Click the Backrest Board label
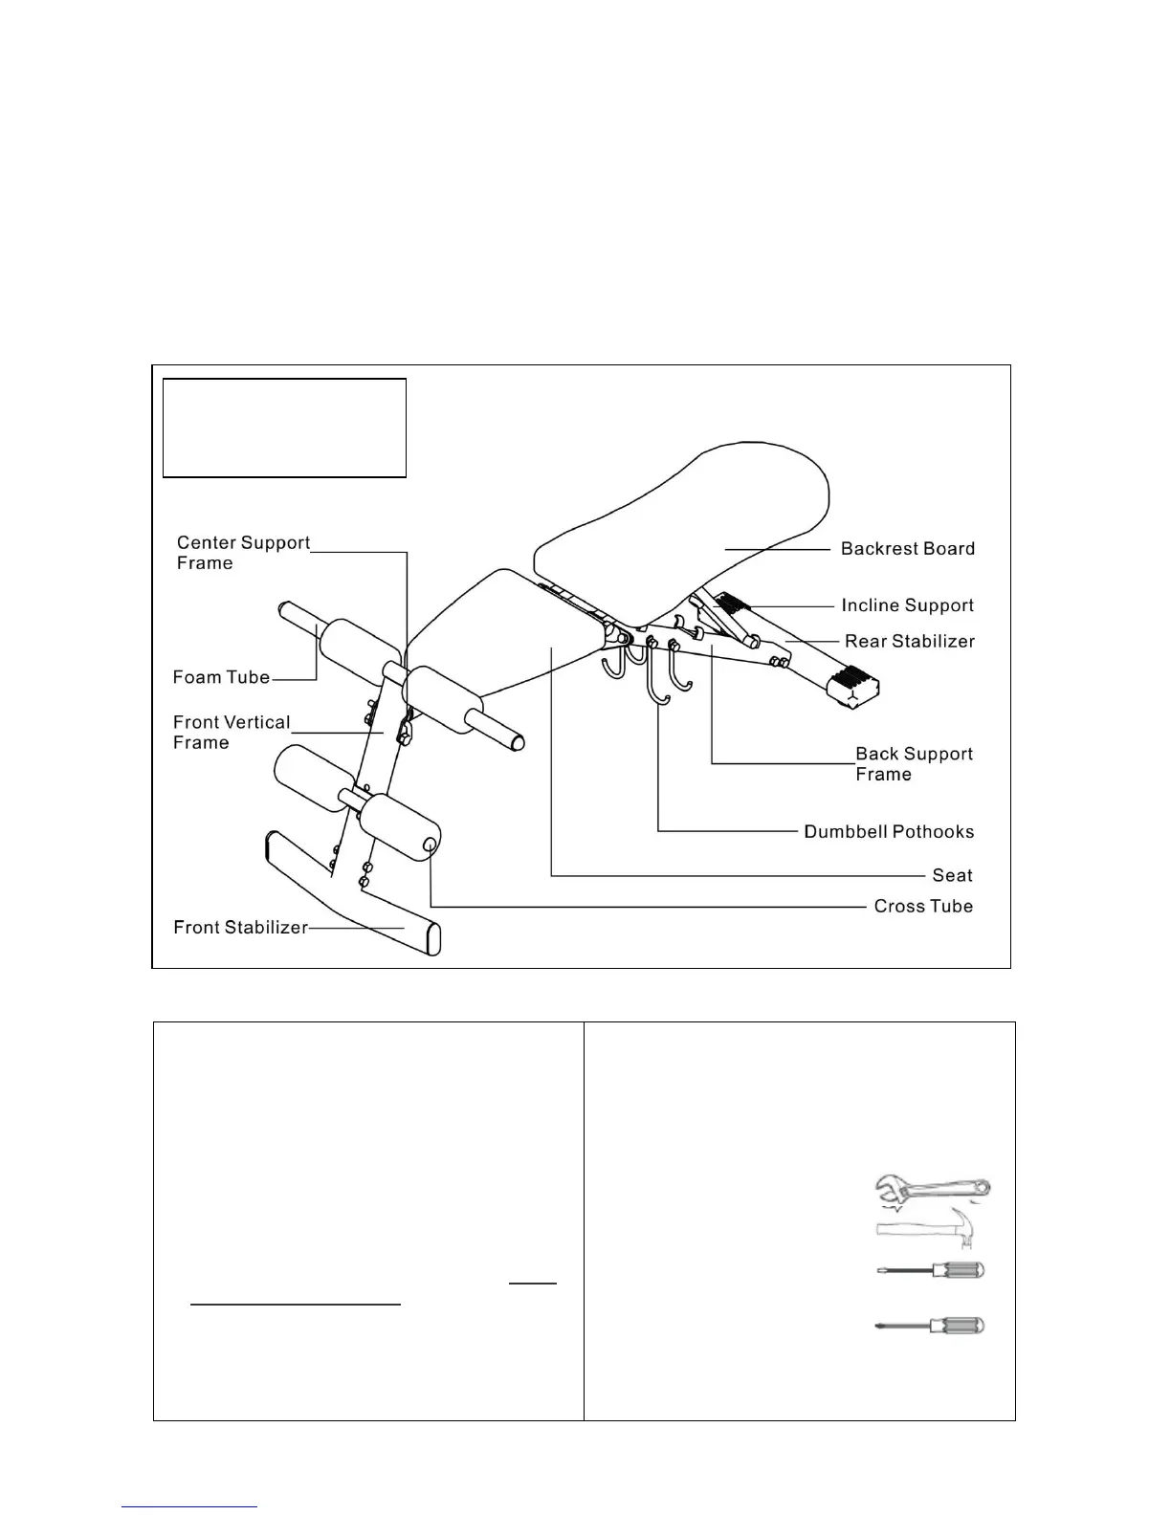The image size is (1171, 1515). coord(907,549)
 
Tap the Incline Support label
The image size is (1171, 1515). coord(907,605)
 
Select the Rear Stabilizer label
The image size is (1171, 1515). coord(909,641)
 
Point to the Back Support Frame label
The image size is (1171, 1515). coord(914,764)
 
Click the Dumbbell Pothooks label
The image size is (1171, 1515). coord(889,832)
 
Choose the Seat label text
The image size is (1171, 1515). coord(952,875)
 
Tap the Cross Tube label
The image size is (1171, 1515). coord(923,906)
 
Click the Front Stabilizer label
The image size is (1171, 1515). coord(240,927)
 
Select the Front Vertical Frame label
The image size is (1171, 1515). coord(231,733)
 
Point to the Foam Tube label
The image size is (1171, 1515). coord(221,677)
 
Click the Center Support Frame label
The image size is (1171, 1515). coord(243,553)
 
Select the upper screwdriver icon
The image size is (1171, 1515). coord(931,1271)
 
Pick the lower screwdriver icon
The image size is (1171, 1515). coord(931,1326)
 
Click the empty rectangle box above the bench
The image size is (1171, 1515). coord(284,428)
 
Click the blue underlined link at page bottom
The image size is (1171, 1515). coord(189,1507)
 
